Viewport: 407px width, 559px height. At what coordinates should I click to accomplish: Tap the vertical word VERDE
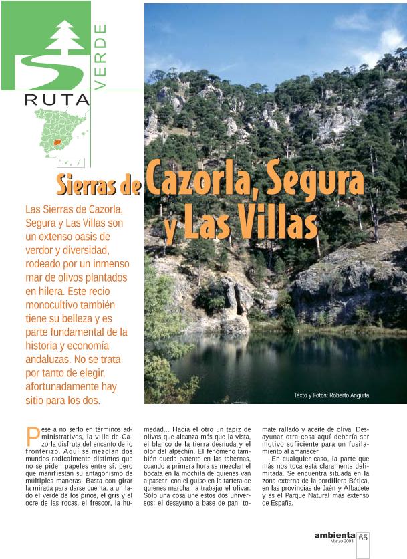100,56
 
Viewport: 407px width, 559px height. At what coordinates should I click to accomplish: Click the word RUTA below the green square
57,100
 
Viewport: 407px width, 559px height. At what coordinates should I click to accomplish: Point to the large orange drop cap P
31,437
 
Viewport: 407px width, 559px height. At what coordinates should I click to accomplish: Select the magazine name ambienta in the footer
334,535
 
